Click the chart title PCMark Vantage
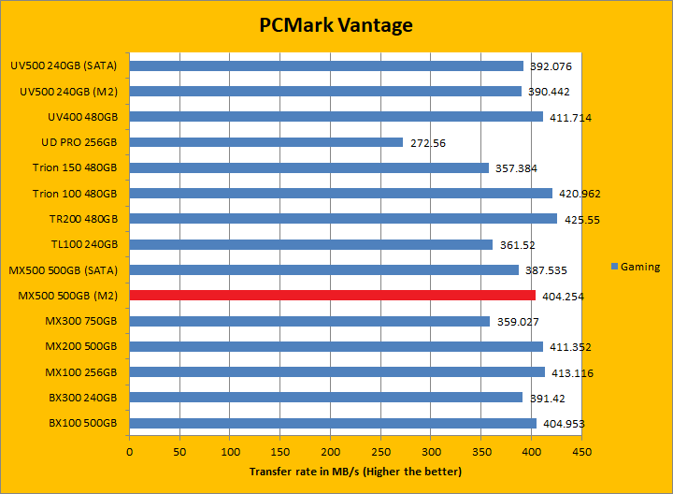(x=336, y=25)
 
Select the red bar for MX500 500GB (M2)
(x=332, y=296)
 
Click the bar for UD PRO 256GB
(x=266, y=142)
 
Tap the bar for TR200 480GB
(x=343, y=219)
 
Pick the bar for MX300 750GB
(x=309, y=321)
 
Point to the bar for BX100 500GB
(x=333, y=423)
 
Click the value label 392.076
(x=551, y=66)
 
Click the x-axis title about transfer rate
(x=355, y=472)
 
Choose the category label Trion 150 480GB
(x=75, y=168)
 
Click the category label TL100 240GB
(x=84, y=244)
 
